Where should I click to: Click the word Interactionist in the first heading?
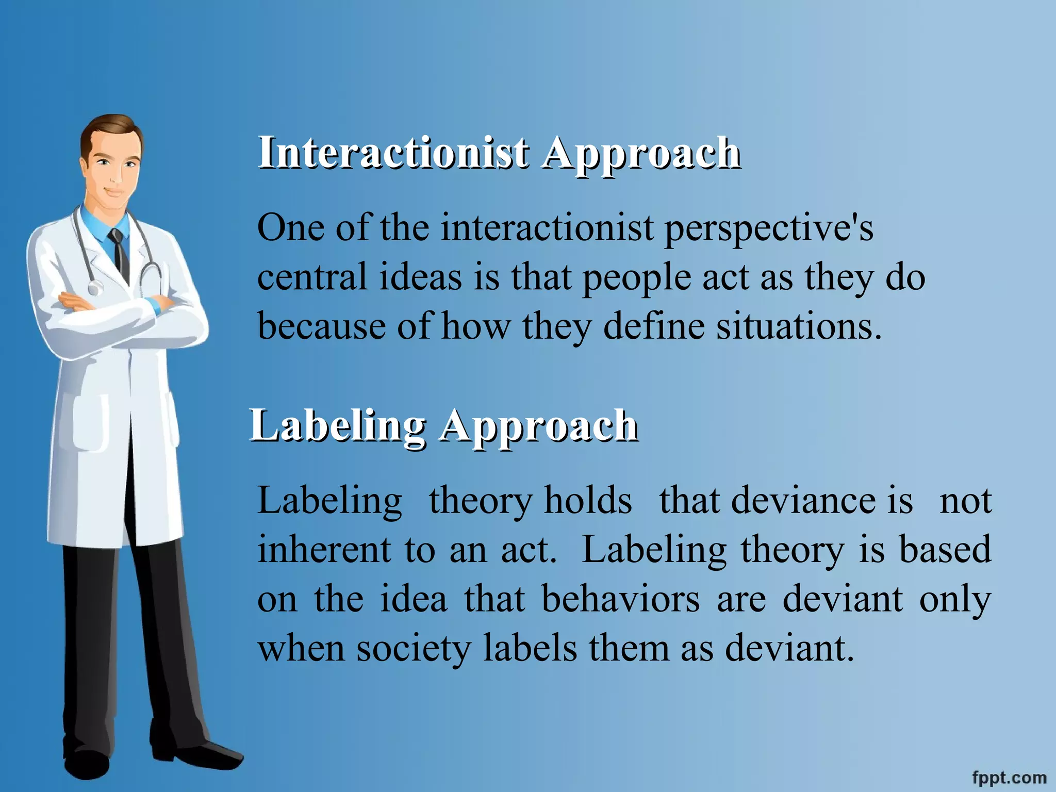[x=393, y=153]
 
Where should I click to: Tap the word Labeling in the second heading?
[x=338, y=426]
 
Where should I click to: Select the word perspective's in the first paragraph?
[x=768, y=228]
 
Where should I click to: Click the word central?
[x=312, y=277]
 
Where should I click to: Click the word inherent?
[x=324, y=550]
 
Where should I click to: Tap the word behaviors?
[x=621, y=599]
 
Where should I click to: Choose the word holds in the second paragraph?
[x=588, y=501]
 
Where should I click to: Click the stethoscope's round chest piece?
[x=95, y=287]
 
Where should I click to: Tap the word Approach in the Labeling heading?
[x=539, y=426]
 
